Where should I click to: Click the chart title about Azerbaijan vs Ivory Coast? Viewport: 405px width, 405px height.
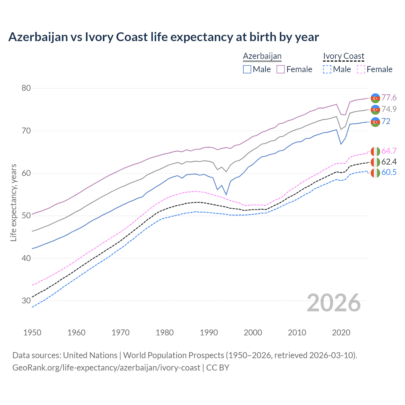pyautogui.click(x=164, y=37)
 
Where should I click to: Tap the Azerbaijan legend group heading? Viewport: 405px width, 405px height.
pyautogui.click(x=262, y=56)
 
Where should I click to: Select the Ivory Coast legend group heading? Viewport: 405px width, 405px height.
pyautogui.click(x=344, y=56)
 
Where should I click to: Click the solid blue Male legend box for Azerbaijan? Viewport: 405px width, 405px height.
pyautogui.click(x=247, y=69)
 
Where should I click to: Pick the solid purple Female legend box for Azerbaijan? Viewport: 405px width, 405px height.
pyautogui.click(x=281, y=69)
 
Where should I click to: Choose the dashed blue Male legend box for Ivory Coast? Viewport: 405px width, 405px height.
pyautogui.click(x=327, y=69)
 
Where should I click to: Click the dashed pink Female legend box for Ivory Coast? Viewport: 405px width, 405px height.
pyautogui.click(x=361, y=69)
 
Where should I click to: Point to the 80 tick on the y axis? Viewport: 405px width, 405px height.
pyautogui.click(x=26, y=88)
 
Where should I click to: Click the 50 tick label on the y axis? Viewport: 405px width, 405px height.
pyautogui.click(x=26, y=216)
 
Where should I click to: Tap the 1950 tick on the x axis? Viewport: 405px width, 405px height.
pyautogui.click(x=32, y=333)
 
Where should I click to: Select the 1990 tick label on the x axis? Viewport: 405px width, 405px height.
pyautogui.click(x=209, y=333)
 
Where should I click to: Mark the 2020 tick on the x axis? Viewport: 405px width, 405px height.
pyautogui.click(x=341, y=333)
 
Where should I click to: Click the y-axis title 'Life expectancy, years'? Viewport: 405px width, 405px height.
pyautogui.click(x=13, y=202)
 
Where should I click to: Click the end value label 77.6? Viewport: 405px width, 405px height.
pyautogui.click(x=389, y=97)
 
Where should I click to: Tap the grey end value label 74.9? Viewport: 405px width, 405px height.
pyautogui.click(x=389, y=109)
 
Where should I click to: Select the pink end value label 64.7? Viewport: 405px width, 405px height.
pyautogui.click(x=389, y=151)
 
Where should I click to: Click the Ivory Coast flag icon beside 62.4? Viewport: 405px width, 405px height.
pyautogui.click(x=375, y=162)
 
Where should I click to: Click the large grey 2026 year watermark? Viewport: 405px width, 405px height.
pyautogui.click(x=333, y=303)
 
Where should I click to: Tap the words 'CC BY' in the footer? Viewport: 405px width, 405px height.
pyautogui.click(x=218, y=368)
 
